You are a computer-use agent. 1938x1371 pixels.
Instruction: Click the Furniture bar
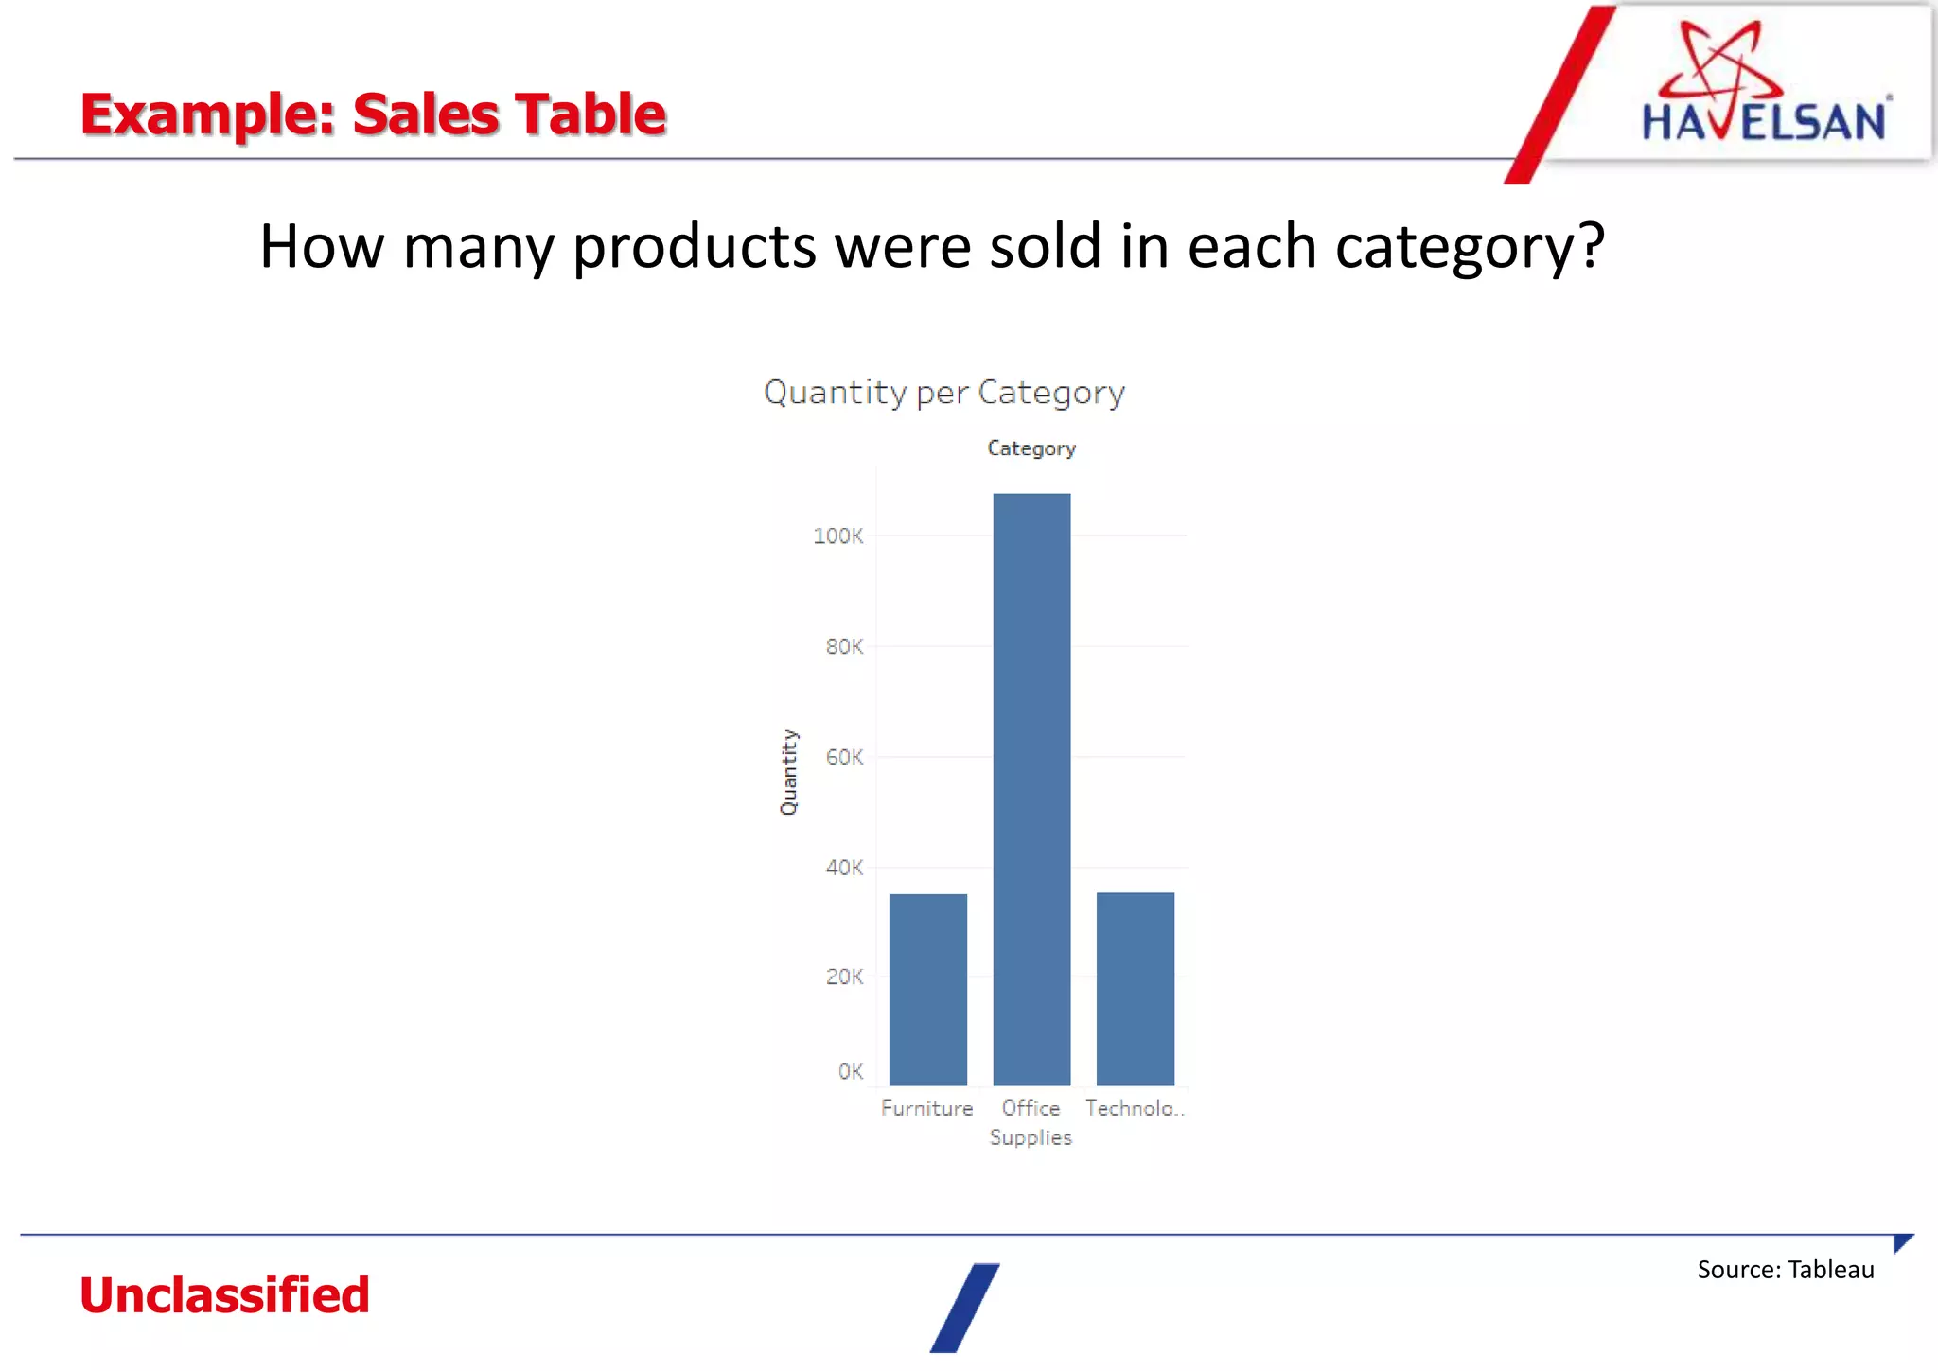pos(927,989)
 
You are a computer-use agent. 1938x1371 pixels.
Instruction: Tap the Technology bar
pos(1135,988)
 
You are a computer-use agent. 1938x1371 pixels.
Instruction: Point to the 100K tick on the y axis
pos(838,536)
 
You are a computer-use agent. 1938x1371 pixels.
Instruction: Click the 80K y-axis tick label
pos(844,647)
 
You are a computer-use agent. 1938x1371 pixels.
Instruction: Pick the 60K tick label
pos(844,757)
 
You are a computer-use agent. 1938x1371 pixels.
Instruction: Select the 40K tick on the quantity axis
pos(844,868)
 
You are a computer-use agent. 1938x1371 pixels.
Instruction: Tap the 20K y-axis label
pos(844,976)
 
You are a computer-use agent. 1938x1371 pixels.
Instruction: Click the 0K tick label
pos(850,1072)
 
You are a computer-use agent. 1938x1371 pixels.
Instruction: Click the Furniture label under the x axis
pos(926,1108)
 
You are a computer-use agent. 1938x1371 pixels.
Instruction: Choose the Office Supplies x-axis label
pos(1031,1122)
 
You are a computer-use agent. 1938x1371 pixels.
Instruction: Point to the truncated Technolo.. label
pos(1134,1108)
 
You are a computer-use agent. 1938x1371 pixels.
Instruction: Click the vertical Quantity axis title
pos(788,772)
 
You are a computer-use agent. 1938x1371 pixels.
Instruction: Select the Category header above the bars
pos(1031,448)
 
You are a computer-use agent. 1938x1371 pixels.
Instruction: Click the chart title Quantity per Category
pos(943,392)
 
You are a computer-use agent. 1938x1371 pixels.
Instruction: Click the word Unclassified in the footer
pos(224,1294)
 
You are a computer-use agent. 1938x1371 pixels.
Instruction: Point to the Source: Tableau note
pos(1785,1270)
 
